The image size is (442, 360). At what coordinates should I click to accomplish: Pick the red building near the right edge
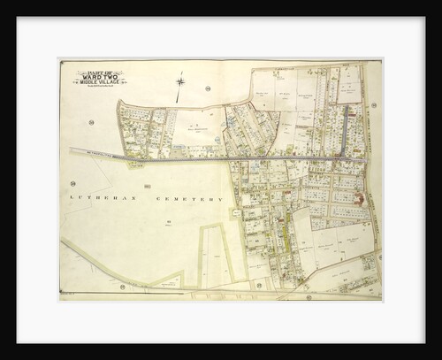pos(359,198)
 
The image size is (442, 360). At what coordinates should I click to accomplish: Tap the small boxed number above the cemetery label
pos(147,186)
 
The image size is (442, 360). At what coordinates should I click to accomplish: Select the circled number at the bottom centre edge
pos(309,297)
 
